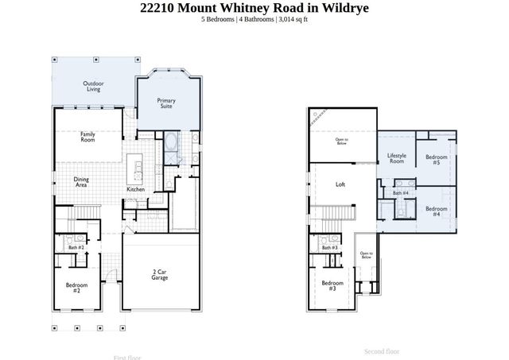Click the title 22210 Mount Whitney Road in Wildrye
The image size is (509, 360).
coord(254,8)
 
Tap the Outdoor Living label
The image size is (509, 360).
coord(94,86)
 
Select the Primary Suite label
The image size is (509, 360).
coord(166,103)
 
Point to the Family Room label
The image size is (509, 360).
coord(87,137)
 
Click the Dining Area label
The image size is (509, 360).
coord(81,181)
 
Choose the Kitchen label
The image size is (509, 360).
coord(136,189)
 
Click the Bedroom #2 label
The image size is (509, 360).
coord(76,287)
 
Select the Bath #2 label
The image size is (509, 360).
coord(76,248)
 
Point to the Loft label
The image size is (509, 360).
coord(340,184)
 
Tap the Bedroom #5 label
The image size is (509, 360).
coord(437,160)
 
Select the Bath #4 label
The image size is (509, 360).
coord(401,192)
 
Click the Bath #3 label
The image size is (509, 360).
coord(330,248)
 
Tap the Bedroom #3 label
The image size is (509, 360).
coord(332,285)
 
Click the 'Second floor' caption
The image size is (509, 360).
coord(382,350)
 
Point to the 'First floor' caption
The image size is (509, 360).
coord(128,357)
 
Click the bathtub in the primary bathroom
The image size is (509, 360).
coord(171,145)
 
